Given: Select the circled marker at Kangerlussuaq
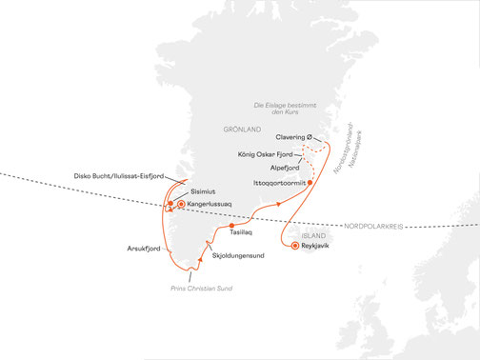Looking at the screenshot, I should [x=180, y=203].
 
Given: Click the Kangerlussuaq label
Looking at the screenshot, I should [x=211, y=203].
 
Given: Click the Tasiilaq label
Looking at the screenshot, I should [x=242, y=232].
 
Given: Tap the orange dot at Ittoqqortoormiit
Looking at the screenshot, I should [x=310, y=179].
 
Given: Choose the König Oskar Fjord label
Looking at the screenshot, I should [x=266, y=153].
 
